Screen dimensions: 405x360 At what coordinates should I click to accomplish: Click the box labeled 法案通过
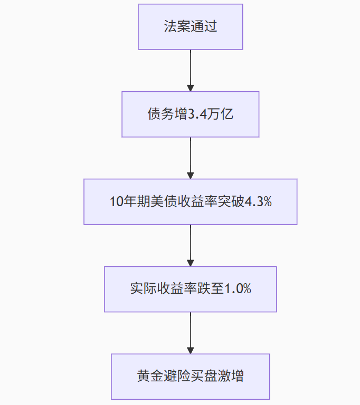191,27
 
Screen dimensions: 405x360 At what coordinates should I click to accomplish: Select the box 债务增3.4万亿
191,114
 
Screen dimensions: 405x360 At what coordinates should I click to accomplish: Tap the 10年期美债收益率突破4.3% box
191,202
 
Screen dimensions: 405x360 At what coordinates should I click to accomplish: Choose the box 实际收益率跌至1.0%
191,289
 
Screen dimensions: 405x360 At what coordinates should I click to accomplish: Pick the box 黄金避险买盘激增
191,377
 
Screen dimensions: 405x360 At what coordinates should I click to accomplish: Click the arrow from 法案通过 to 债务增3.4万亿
191,71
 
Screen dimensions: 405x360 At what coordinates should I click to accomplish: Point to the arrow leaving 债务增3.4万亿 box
191,158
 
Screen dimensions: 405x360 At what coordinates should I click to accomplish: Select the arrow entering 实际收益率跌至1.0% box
191,245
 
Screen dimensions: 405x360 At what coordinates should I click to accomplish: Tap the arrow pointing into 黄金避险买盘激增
191,333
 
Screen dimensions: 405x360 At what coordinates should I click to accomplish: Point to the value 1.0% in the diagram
238,289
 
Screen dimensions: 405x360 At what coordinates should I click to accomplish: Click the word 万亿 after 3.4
221,115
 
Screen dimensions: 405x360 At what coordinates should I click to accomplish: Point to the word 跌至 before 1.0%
211,289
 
